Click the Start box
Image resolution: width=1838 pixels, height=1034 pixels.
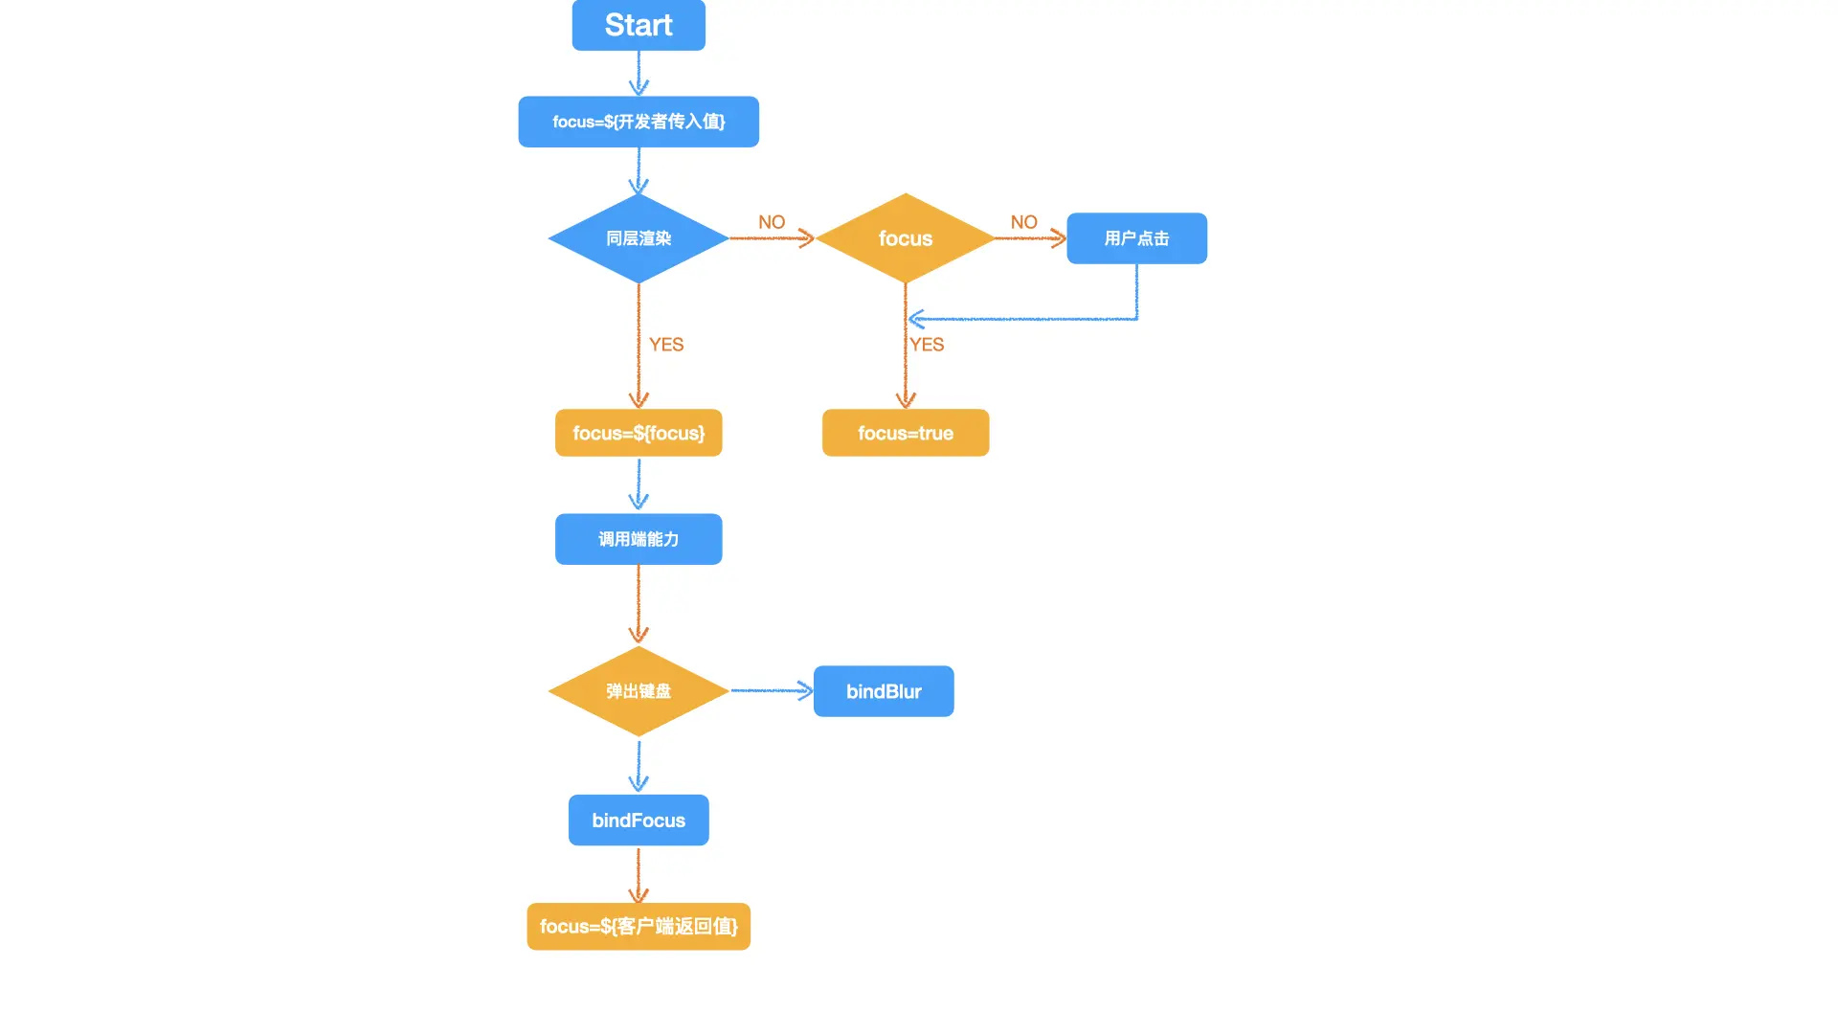coord(639,25)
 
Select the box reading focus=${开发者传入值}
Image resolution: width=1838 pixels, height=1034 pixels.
coord(639,122)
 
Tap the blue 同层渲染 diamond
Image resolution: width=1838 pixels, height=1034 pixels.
coord(639,238)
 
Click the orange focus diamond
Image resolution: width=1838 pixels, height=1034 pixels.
coord(905,238)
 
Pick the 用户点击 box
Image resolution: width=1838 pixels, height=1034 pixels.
coord(1136,238)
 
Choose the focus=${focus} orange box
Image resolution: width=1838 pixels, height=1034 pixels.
coord(639,433)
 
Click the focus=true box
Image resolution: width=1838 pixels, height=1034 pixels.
coord(905,433)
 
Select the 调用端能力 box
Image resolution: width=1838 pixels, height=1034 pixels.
coord(639,539)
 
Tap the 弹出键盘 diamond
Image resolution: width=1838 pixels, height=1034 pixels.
coord(639,691)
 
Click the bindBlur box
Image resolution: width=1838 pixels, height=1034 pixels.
coord(883,691)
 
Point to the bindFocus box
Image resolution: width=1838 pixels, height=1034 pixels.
coord(639,820)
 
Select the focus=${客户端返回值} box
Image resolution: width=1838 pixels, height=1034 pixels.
coord(639,927)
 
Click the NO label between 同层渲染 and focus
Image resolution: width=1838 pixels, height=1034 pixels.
coord(772,222)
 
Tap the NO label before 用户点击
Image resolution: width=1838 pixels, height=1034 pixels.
coord(1023,222)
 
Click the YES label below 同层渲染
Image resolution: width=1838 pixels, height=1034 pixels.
coord(666,345)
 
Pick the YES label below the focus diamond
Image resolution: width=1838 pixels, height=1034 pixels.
coord(927,345)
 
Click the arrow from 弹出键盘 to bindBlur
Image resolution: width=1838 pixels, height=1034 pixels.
coord(771,690)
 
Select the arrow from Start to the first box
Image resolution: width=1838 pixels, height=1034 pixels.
coord(639,73)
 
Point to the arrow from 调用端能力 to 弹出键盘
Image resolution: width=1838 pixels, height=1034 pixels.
coord(639,603)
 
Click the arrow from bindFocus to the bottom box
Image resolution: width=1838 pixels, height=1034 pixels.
coord(639,873)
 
